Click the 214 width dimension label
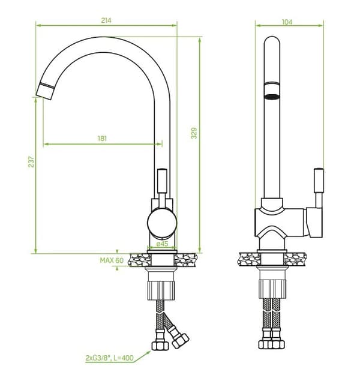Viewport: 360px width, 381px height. [106, 20]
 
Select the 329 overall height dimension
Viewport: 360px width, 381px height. [194, 133]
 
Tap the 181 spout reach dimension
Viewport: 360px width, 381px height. [102, 139]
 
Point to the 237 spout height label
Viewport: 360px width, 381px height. [31, 161]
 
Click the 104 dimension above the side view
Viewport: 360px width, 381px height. [287, 22]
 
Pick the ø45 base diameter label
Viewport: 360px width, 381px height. [162, 244]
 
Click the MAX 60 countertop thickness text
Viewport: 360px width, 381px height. [112, 260]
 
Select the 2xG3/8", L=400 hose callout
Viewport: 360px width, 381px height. [110, 358]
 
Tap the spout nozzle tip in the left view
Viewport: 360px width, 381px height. [45, 91]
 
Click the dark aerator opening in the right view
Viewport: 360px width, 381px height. [272, 97]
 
